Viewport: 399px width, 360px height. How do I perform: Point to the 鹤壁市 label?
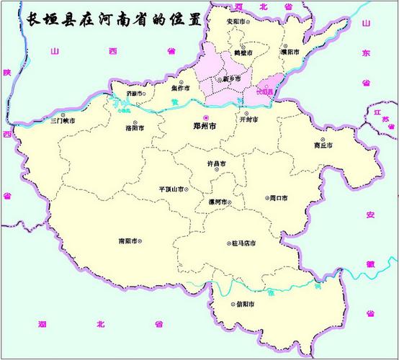coord(238,53)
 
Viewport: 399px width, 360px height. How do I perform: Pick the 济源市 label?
coord(134,94)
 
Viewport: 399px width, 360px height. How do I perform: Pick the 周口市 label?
coord(278,197)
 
